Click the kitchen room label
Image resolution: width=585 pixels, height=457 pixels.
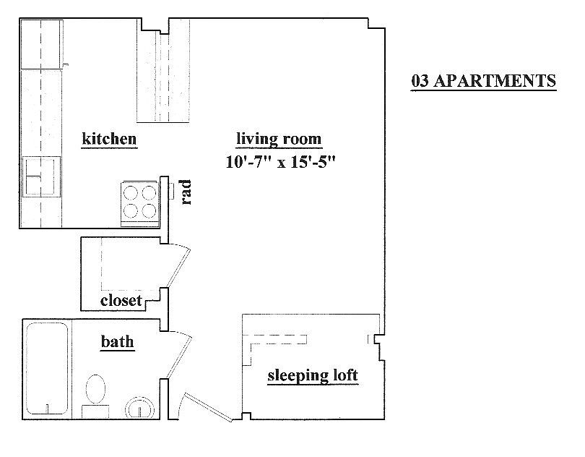click(x=109, y=139)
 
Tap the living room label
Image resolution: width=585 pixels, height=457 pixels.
click(x=279, y=139)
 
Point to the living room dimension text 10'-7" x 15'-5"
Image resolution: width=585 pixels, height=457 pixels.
click(x=280, y=162)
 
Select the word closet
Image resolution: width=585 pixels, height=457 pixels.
click(x=121, y=300)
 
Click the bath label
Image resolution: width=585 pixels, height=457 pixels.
click(x=117, y=341)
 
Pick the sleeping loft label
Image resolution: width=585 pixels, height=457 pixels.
click(x=313, y=375)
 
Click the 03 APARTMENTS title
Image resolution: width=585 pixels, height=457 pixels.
click(x=483, y=81)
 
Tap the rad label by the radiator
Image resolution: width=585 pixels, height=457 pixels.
click(x=186, y=192)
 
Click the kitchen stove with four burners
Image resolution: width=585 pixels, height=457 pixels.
click(x=140, y=204)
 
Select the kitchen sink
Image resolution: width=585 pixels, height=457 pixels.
click(x=41, y=176)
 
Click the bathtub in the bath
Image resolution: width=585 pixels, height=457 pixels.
click(x=47, y=369)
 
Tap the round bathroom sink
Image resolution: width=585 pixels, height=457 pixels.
click(x=139, y=407)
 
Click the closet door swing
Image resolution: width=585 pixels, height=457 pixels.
click(x=178, y=266)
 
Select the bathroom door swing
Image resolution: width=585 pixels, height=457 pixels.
click(x=180, y=354)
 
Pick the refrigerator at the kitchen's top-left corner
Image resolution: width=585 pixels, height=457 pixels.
click(x=41, y=44)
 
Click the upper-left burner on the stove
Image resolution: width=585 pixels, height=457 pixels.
click(x=131, y=194)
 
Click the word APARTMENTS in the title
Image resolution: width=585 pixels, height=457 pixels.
click(x=495, y=81)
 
